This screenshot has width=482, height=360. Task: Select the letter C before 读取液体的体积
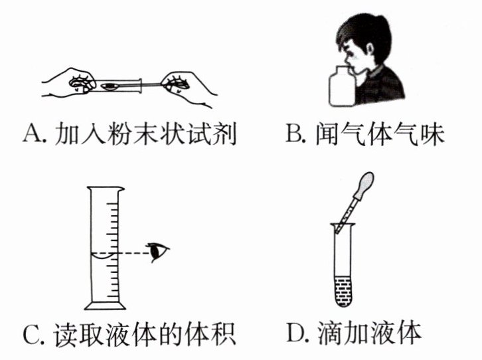click(32, 334)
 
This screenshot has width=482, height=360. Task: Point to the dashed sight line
click(133, 253)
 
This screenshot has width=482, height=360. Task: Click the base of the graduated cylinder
click(105, 306)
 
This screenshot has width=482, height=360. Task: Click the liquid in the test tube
click(343, 291)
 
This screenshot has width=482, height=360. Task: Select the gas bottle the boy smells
click(343, 87)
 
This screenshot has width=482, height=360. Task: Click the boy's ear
click(370, 49)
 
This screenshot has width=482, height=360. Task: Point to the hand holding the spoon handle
click(187, 88)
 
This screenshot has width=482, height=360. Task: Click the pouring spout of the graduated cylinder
click(121, 189)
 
